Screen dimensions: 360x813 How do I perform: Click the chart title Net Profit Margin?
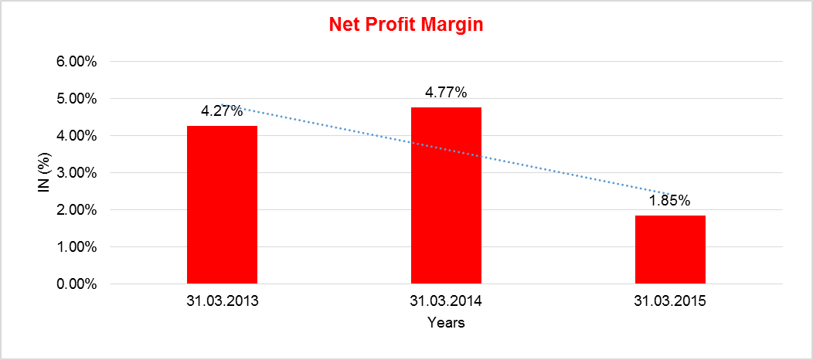pyautogui.click(x=406, y=25)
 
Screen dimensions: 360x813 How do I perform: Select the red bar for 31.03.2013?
pyautogui.click(x=222, y=205)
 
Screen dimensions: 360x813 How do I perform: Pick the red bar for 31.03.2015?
pyautogui.click(x=670, y=250)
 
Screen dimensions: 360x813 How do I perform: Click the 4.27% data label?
pyautogui.click(x=222, y=110)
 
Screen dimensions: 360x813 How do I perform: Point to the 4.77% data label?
pyautogui.click(x=446, y=93)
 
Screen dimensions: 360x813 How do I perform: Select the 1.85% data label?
pyautogui.click(x=670, y=201)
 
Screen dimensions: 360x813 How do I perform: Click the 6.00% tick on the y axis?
pyautogui.click(x=77, y=62)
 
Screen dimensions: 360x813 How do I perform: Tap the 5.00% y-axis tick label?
pyautogui.click(x=77, y=99)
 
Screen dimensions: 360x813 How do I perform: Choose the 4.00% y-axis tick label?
pyautogui.click(x=77, y=136)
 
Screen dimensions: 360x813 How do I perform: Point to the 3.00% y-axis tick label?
pyautogui.click(x=77, y=173)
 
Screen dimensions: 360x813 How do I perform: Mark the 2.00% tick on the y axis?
pyautogui.click(x=77, y=210)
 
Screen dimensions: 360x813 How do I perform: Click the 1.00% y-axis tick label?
pyautogui.click(x=77, y=247)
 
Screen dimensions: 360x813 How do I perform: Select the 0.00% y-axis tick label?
pyautogui.click(x=77, y=284)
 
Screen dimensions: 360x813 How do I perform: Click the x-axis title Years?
pyautogui.click(x=446, y=323)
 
